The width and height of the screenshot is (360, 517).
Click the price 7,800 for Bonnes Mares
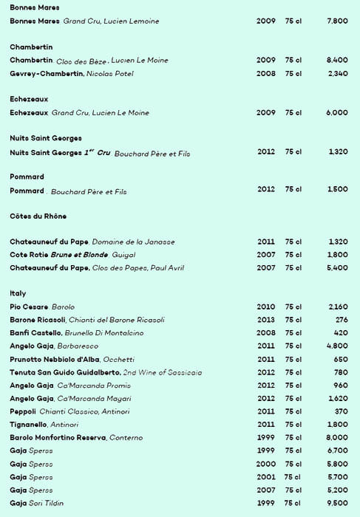tap(336, 21)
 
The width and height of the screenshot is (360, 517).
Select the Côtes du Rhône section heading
tap(38, 216)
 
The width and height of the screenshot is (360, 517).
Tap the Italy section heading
tap(18, 293)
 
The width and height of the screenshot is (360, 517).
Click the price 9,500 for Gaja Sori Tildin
tap(336, 503)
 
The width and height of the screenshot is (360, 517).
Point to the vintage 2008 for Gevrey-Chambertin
tap(265, 74)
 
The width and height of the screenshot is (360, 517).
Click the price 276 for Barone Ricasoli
tap(341, 320)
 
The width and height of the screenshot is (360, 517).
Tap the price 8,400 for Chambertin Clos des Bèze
tap(336, 60)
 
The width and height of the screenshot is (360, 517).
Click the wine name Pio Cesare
tap(29, 307)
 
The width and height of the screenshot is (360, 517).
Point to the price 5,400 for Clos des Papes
tap(336, 268)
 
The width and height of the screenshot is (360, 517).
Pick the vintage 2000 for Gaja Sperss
tap(265, 464)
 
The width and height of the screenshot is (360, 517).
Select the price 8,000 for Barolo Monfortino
tap(336, 438)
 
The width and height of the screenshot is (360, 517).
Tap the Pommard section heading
tap(27, 177)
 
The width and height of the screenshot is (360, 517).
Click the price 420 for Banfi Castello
tap(341, 333)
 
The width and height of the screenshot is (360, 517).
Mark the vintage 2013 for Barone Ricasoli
tap(265, 320)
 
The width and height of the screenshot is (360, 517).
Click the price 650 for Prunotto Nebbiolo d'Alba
tap(340, 359)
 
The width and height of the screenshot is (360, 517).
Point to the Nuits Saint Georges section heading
tap(46, 138)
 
